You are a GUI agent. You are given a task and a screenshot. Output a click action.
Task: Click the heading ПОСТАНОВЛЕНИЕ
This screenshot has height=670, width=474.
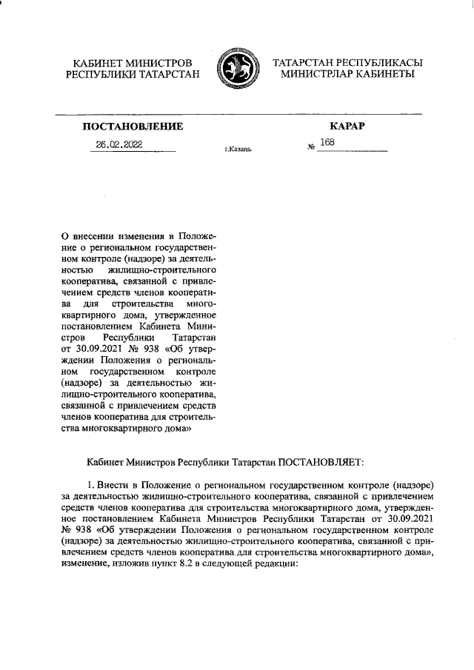[133, 127]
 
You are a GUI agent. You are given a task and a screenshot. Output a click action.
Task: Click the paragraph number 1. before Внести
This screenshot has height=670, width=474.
[92, 483]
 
